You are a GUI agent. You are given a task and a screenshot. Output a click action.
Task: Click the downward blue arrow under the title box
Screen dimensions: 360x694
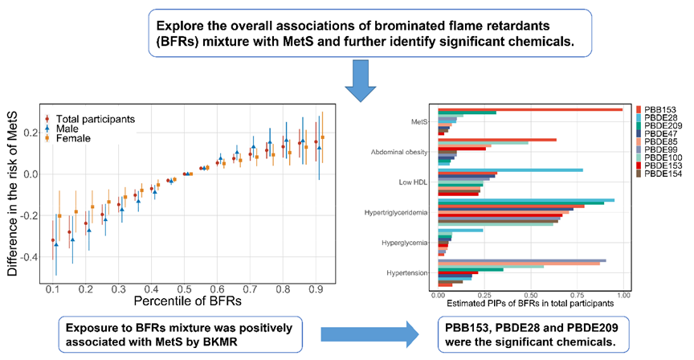(x=361, y=78)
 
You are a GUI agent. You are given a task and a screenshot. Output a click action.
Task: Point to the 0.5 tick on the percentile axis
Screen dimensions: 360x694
(x=185, y=287)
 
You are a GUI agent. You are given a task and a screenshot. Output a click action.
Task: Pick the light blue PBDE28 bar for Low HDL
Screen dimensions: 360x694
(x=529, y=170)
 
